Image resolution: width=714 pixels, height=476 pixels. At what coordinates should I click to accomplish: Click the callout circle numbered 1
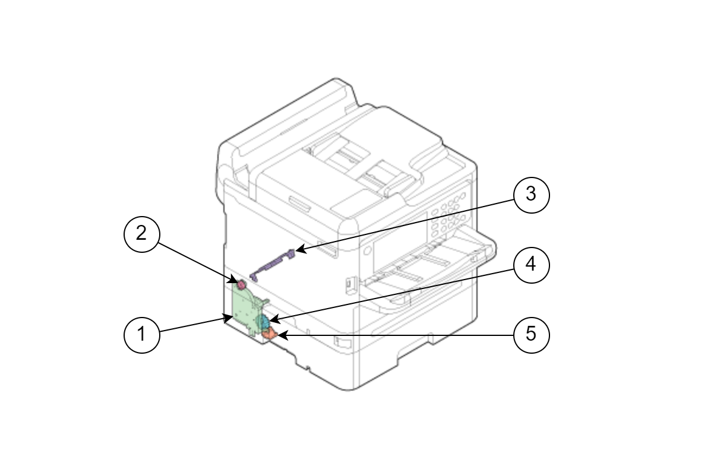click(x=142, y=335)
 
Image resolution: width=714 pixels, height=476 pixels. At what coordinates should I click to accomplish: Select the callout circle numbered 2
click(x=142, y=234)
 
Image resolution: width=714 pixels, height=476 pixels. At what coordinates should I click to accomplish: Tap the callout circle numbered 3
click(x=532, y=195)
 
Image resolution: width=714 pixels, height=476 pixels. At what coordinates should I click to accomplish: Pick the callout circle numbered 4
click(x=532, y=265)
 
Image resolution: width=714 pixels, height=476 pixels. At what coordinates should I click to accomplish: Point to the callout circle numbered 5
click(x=532, y=335)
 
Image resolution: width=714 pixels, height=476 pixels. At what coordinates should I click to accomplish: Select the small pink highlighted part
click(x=242, y=284)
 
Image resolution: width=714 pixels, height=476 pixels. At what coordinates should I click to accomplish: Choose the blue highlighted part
click(x=264, y=321)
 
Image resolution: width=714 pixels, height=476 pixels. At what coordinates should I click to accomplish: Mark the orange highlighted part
click(x=269, y=334)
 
